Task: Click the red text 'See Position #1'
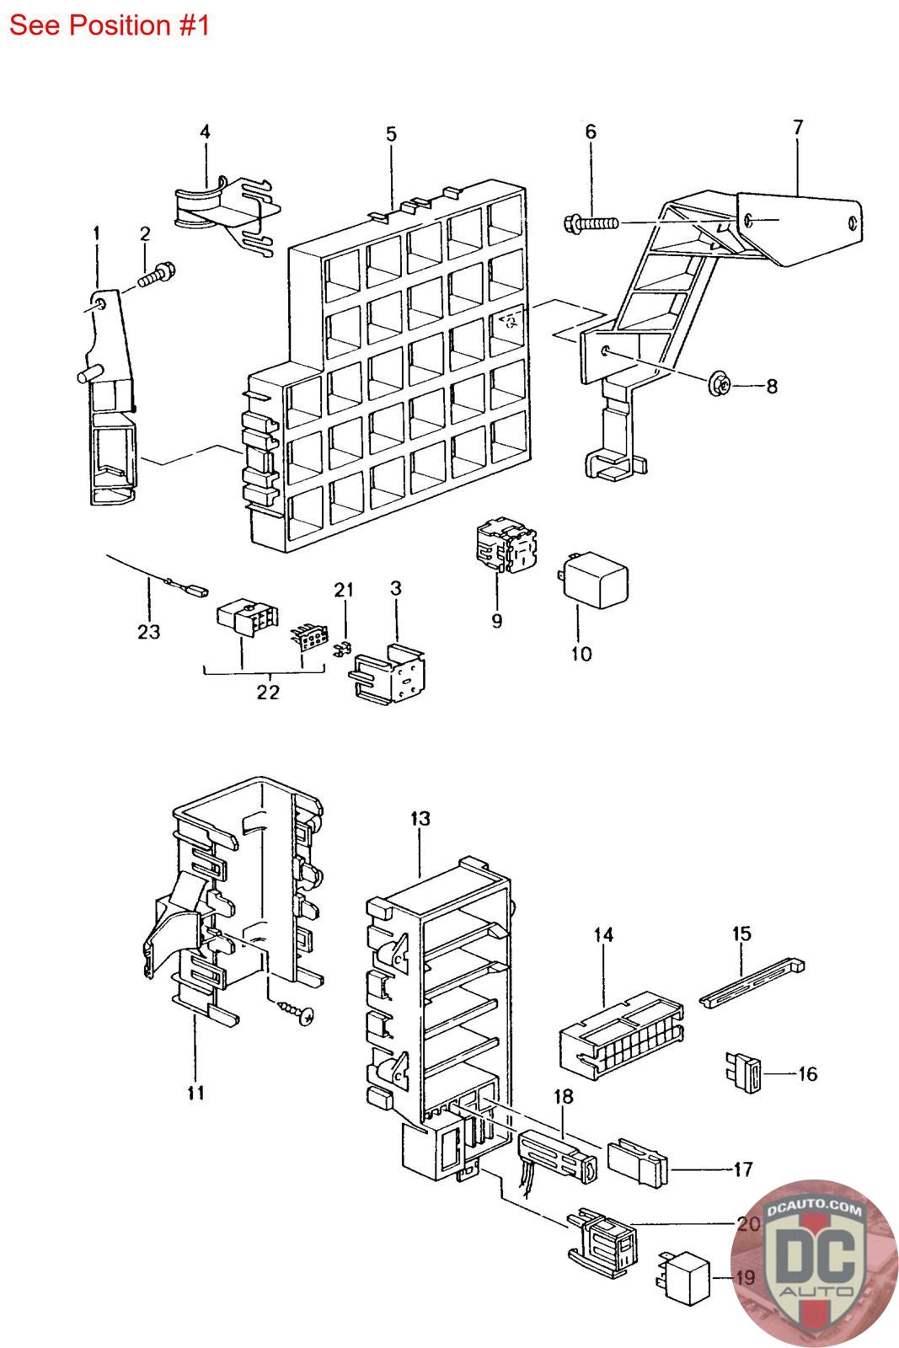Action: (109, 25)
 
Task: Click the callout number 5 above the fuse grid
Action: (391, 135)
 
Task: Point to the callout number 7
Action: (797, 128)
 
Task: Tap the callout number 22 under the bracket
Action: (268, 692)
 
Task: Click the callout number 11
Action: (195, 1094)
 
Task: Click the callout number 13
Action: (420, 818)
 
